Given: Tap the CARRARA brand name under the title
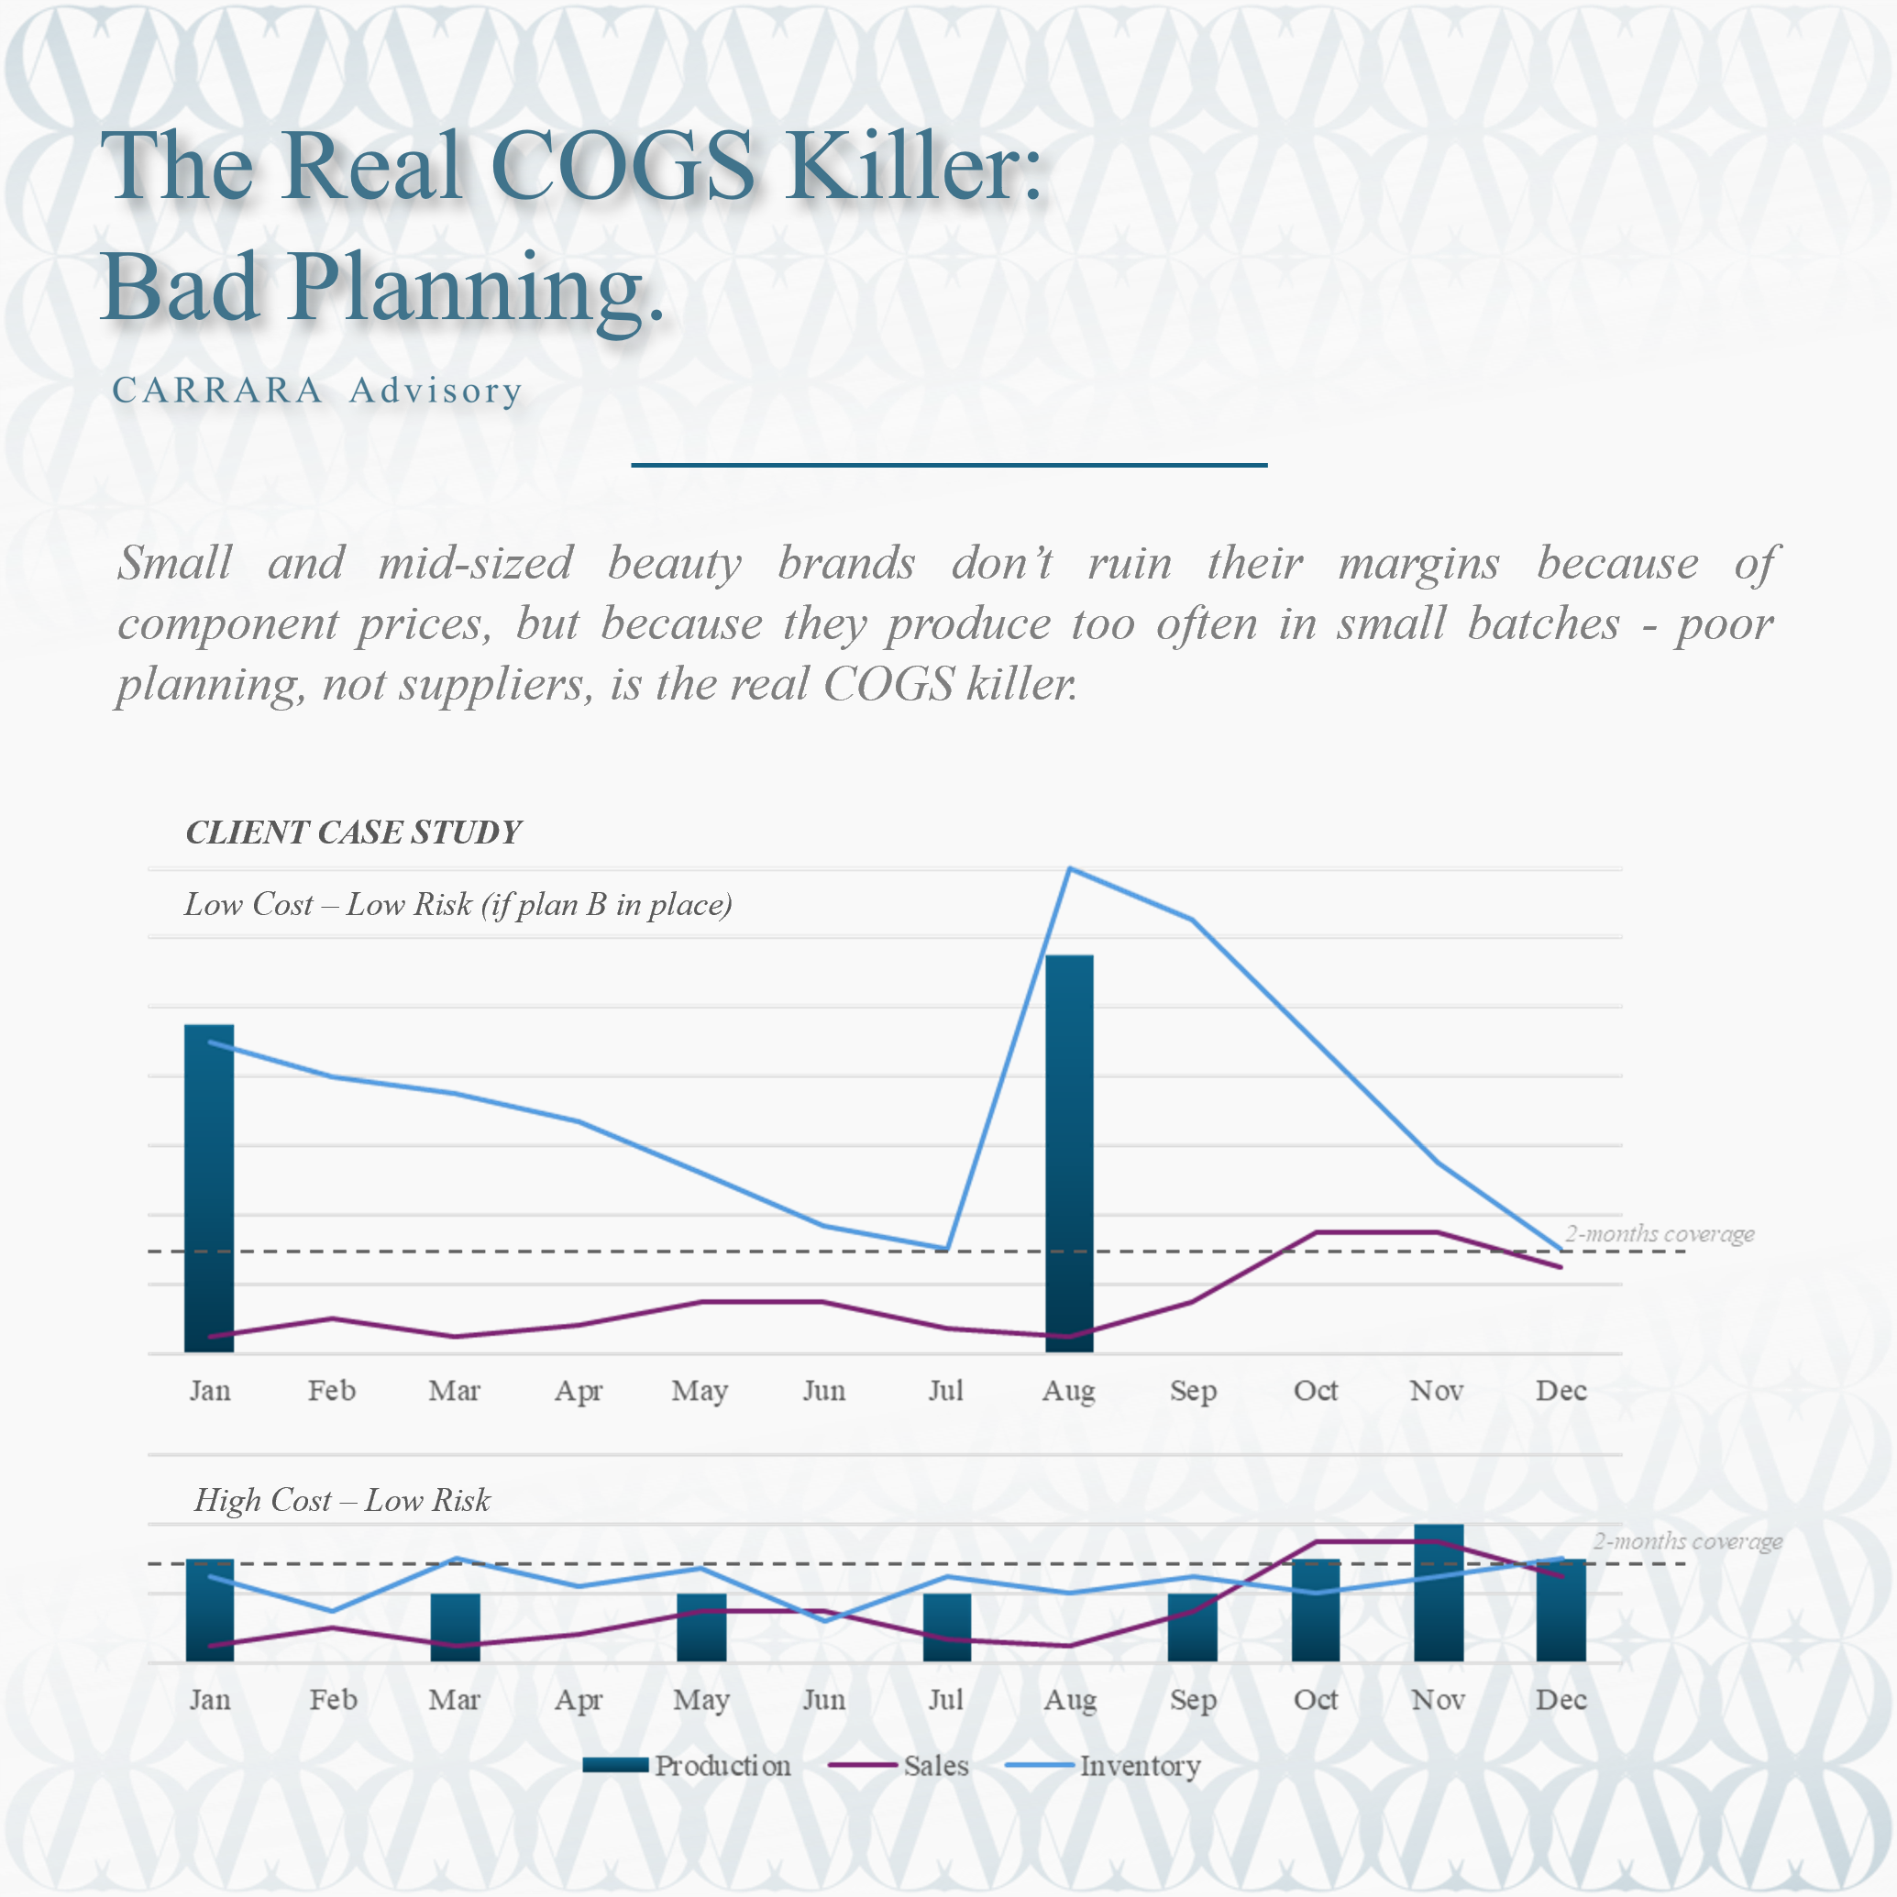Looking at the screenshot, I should (217, 391).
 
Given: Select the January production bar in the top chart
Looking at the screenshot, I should (209, 1188).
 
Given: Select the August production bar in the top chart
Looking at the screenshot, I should (1069, 1153).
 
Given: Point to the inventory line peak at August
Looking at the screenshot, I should (1070, 869).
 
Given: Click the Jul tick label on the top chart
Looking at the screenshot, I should (945, 1390).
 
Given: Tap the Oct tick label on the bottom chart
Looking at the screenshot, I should (1316, 1700).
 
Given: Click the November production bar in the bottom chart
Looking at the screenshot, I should (1439, 1593).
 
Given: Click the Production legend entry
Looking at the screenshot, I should (688, 1765).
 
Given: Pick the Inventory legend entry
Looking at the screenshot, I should (1104, 1765).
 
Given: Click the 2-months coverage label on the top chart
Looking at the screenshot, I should (1660, 1234).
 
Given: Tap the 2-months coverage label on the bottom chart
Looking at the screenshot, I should (1687, 1541).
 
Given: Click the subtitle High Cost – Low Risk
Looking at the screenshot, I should (342, 1500).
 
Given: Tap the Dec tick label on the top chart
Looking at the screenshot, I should (1561, 1390).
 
